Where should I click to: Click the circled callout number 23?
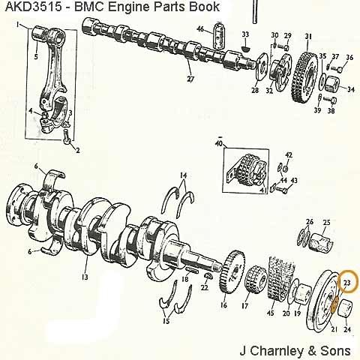[347, 283]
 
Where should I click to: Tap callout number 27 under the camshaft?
[190, 79]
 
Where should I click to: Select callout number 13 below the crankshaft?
[85, 277]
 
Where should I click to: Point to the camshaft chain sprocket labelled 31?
[304, 76]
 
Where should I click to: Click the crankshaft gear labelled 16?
[232, 271]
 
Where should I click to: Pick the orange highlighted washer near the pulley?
[334, 304]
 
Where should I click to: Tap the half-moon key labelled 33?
[246, 48]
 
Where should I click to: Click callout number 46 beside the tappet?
[200, 29]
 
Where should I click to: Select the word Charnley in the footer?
[277, 351]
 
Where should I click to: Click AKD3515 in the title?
[34, 7]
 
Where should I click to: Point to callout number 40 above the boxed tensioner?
[218, 144]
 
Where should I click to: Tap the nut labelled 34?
[332, 83]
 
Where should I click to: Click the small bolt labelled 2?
[67, 136]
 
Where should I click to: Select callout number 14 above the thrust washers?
[184, 175]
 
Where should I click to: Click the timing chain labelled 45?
[281, 278]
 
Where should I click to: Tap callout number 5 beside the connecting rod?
[36, 57]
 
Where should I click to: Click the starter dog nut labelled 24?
[345, 308]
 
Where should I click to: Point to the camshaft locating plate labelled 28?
[262, 66]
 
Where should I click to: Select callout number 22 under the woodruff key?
[205, 287]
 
